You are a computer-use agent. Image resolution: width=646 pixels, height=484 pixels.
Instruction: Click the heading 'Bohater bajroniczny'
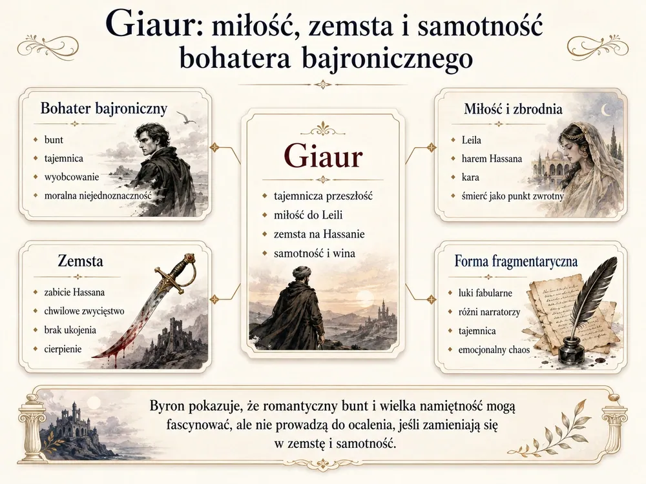pyautogui.click(x=104, y=108)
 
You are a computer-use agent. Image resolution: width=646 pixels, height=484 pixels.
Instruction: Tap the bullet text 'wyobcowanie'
pyautogui.click(x=72, y=177)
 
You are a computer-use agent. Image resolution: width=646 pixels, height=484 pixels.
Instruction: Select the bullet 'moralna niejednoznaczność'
pyautogui.click(x=98, y=196)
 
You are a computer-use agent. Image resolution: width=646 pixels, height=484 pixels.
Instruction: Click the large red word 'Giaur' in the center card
pyautogui.click(x=323, y=156)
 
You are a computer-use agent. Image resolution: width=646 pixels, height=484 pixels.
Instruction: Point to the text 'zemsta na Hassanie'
pyautogui.click(x=319, y=234)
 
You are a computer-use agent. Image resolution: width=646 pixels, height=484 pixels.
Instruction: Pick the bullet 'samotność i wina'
pyautogui.click(x=315, y=253)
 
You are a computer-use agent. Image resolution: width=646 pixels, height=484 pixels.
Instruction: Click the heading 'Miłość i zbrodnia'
pyautogui.click(x=513, y=108)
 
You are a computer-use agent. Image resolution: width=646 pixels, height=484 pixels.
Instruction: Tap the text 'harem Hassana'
pyautogui.click(x=492, y=159)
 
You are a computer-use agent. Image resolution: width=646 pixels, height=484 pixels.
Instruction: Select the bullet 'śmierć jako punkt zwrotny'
pyautogui.click(x=512, y=196)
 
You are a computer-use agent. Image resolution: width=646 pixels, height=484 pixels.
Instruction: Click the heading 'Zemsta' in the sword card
pyautogui.click(x=80, y=261)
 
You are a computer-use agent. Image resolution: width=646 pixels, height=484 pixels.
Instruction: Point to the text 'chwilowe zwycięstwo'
pyautogui.click(x=84, y=311)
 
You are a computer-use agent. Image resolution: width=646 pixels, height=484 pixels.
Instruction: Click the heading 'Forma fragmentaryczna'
pyautogui.click(x=516, y=261)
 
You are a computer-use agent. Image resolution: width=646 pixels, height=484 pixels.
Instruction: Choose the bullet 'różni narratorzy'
pyautogui.click(x=490, y=312)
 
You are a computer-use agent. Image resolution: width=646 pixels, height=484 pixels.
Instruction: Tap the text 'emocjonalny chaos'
pyautogui.click(x=494, y=350)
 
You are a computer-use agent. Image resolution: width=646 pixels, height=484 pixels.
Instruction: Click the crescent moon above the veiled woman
pyautogui.click(x=606, y=110)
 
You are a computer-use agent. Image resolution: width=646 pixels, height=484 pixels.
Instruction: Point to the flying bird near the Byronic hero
pyautogui.click(x=188, y=118)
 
